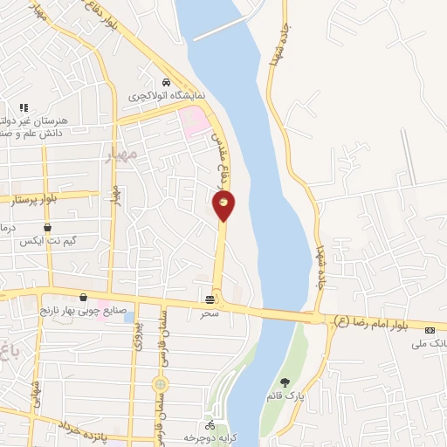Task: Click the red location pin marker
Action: click(223, 205)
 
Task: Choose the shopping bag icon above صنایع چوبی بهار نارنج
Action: click(83, 297)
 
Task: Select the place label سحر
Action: click(210, 311)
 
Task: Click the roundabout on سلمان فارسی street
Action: click(160, 384)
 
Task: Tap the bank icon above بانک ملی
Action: click(430, 330)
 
